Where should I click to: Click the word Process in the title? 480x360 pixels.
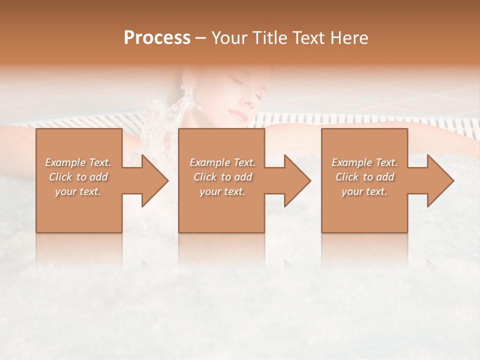157,38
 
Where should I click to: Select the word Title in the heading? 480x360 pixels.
268,38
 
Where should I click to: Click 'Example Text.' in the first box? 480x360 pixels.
78,162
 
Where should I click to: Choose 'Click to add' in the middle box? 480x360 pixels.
222,177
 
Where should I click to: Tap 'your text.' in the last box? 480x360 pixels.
364,191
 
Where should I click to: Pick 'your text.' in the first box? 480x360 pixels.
78,191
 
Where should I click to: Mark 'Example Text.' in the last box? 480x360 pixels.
364,162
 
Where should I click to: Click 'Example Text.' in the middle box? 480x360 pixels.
222,162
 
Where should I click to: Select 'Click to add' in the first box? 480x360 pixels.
78,177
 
